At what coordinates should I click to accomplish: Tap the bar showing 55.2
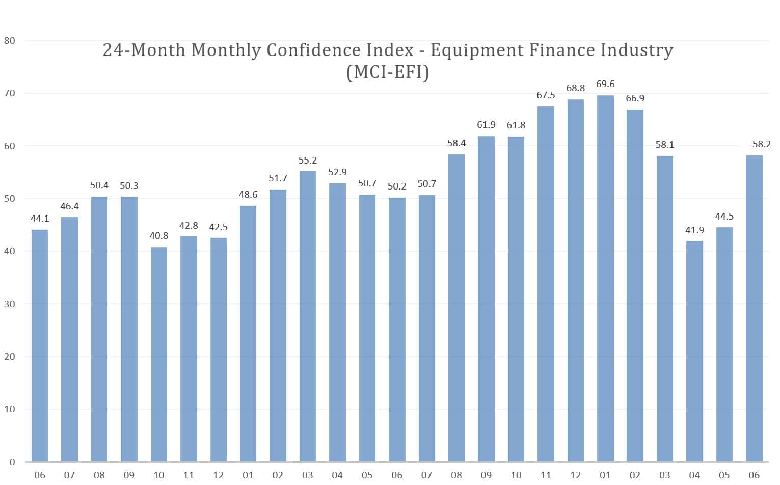[x=308, y=316]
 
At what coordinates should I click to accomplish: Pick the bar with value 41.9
[x=694, y=351]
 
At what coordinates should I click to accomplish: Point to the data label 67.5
[x=546, y=95]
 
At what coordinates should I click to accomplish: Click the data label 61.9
[x=486, y=125]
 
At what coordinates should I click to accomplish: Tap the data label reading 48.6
[x=248, y=195]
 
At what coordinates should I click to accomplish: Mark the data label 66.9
[x=635, y=98]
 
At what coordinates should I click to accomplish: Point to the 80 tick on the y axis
[x=9, y=41]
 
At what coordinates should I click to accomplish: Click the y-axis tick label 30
[x=9, y=304]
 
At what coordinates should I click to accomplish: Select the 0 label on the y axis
[x=12, y=462]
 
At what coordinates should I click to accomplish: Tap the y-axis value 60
[x=9, y=146]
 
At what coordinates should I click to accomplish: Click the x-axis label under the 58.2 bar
[x=754, y=475]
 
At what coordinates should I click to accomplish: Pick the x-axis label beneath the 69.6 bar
[x=605, y=475]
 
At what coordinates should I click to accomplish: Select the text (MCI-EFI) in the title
[x=388, y=72]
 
